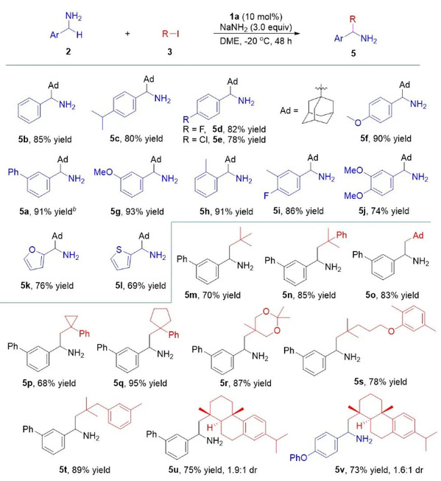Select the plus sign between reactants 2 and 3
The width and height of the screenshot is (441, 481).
click(x=127, y=33)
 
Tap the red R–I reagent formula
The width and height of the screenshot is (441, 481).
click(x=170, y=33)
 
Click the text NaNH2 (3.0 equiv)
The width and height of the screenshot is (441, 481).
click(x=255, y=27)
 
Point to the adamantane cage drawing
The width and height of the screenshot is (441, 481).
click(x=318, y=106)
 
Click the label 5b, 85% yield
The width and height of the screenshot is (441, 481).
click(x=45, y=139)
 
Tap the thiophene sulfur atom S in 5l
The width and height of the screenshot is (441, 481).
click(x=119, y=250)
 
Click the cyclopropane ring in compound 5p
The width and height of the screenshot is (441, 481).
click(x=71, y=322)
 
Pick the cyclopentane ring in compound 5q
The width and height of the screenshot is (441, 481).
click(x=160, y=319)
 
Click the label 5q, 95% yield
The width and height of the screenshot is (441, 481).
click(x=140, y=383)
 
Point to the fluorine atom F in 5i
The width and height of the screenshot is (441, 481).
click(x=267, y=195)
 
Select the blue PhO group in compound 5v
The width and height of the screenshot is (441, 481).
click(x=299, y=457)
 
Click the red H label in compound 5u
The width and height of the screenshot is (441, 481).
click(x=210, y=427)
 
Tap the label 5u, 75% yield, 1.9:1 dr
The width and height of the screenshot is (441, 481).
click(x=213, y=470)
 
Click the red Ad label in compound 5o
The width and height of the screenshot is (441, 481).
click(x=418, y=236)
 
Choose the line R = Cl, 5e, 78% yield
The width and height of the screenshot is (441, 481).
click(x=224, y=139)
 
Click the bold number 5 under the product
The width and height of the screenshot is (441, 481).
click(x=353, y=53)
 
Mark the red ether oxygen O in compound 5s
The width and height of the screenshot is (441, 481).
click(x=391, y=331)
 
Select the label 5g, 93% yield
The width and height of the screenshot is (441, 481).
click(x=137, y=211)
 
